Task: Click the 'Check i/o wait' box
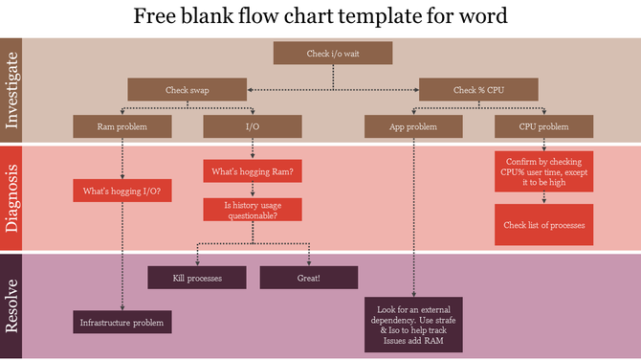pyautogui.click(x=332, y=55)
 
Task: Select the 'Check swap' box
pyautogui.click(x=187, y=90)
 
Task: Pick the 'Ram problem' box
pyautogui.click(x=122, y=126)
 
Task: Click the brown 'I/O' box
pyautogui.click(x=253, y=126)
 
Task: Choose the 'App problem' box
pyautogui.click(x=412, y=126)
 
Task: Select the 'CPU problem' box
pyautogui.click(x=543, y=126)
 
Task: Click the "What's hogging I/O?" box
pyautogui.click(x=122, y=191)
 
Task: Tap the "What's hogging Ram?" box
pyautogui.click(x=253, y=172)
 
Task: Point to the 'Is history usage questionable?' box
pyautogui.click(x=253, y=210)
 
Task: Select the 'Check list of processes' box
pyautogui.click(x=543, y=225)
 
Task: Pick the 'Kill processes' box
pyautogui.click(x=197, y=278)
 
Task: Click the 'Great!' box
pyautogui.click(x=308, y=278)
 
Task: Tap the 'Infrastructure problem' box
pyautogui.click(x=122, y=322)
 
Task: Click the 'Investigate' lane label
pyautogui.click(x=11, y=91)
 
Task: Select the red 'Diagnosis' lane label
pyautogui.click(x=11, y=198)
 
